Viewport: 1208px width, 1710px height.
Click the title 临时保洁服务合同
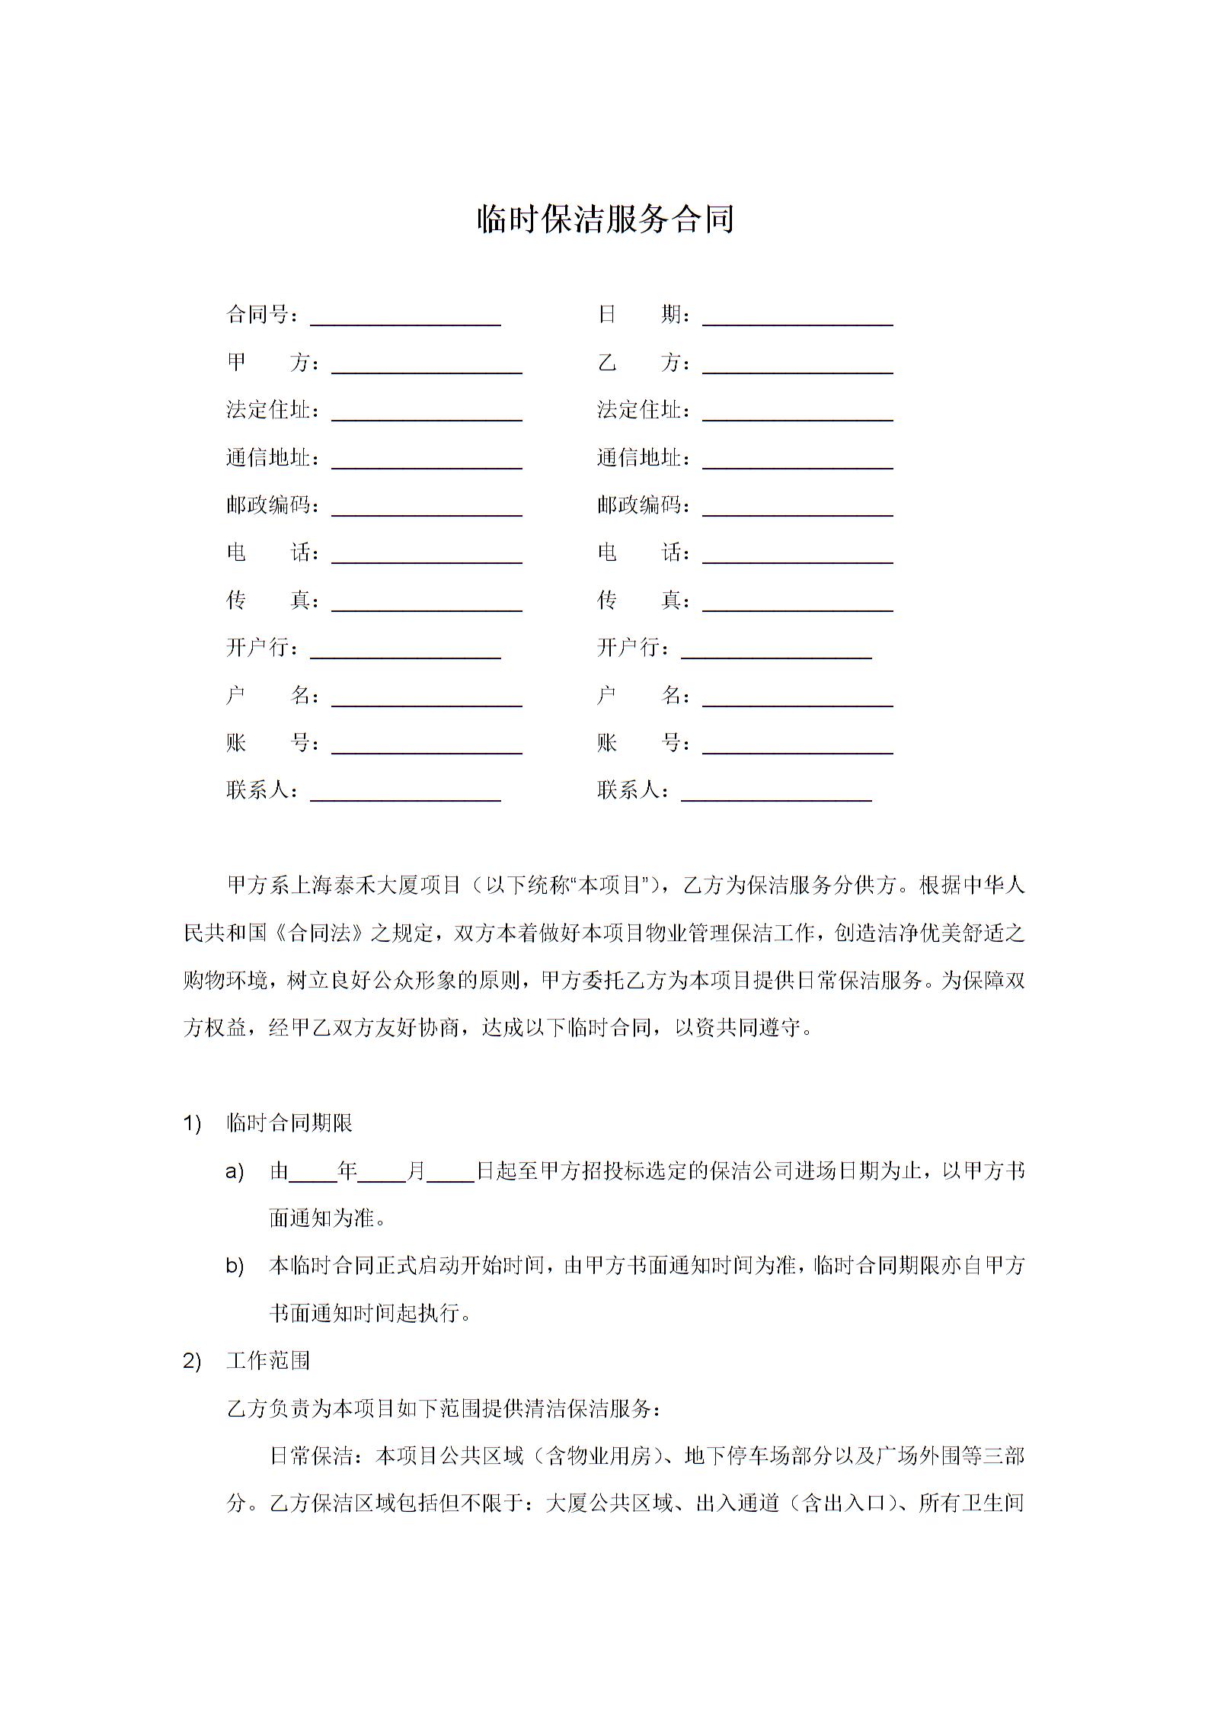(x=605, y=219)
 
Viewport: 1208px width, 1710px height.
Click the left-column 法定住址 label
(x=269, y=410)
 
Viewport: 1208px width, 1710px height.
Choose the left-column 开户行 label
(x=258, y=648)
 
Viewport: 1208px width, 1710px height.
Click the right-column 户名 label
(x=639, y=696)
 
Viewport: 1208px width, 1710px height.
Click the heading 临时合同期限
(x=289, y=1123)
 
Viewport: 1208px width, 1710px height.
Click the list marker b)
(x=235, y=1266)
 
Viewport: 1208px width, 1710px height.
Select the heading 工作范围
(x=268, y=1361)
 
